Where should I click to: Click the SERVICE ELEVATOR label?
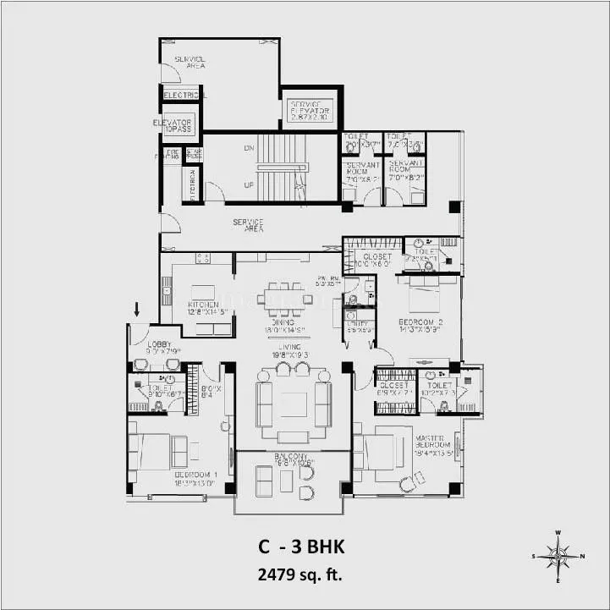click(310, 108)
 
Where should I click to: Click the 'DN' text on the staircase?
click(249, 147)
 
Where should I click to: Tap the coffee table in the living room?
click(294, 404)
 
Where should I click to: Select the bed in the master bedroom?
click(381, 452)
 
